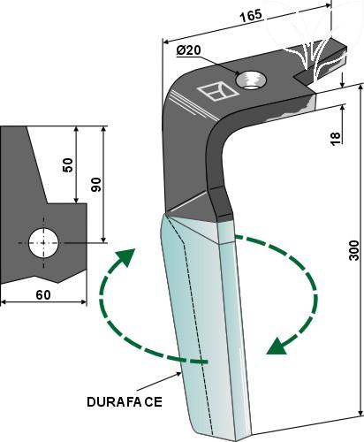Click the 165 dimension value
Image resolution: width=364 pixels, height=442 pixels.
(x=251, y=16)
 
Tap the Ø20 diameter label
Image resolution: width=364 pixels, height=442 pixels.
(x=189, y=50)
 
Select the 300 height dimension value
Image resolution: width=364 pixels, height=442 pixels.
(x=354, y=250)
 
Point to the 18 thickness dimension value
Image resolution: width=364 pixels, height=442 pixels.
(x=335, y=138)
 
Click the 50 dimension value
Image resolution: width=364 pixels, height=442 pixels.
(x=68, y=165)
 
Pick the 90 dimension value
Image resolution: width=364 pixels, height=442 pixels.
(x=95, y=185)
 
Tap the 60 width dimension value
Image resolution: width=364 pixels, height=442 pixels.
(x=43, y=294)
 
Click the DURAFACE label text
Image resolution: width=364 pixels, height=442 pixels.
(x=125, y=402)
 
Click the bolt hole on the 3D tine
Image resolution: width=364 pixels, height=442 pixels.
(x=251, y=80)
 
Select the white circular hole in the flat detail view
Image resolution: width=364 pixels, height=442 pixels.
(x=43, y=243)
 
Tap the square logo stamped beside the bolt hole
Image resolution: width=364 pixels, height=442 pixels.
(x=218, y=92)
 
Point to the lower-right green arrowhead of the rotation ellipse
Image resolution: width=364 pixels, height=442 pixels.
(x=277, y=346)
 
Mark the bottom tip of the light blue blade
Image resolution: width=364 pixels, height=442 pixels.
(x=236, y=440)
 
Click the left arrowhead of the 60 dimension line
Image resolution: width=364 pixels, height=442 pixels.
(x=4, y=301)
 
